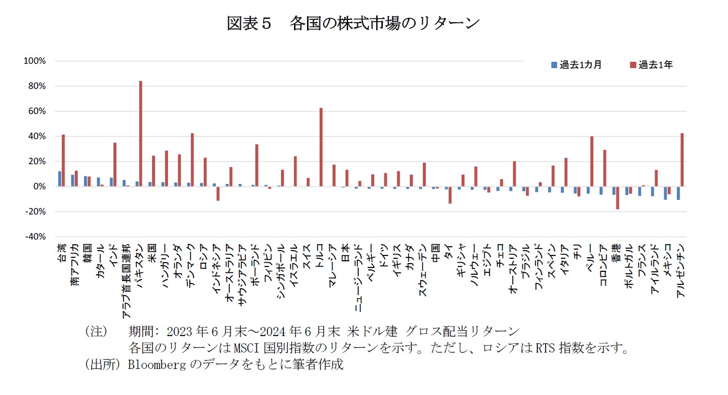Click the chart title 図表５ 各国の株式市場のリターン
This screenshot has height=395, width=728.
(x=353, y=23)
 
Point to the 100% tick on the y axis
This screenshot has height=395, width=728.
(x=35, y=61)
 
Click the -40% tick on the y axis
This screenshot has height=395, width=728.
(x=35, y=237)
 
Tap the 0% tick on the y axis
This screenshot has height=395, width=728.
(x=39, y=186)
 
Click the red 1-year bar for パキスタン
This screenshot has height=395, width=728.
(x=140, y=134)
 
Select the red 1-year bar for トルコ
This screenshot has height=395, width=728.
(x=321, y=147)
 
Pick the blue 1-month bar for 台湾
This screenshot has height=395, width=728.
(x=60, y=179)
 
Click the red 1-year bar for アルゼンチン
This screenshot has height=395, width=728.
(x=682, y=160)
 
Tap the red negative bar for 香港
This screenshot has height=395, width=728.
(x=617, y=197)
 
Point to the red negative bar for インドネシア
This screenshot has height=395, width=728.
(x=218, y=193)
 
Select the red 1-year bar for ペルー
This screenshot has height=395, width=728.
(x=592, y=161)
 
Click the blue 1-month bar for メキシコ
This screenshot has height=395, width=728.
(x=665, y=193)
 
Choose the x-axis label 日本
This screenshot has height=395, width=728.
(x=346, y=253)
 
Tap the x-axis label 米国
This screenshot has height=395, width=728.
(x=152, y=253)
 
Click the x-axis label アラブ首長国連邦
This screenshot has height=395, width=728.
(x=126, y=281)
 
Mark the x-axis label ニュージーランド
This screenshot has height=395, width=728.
(x=359, y=277)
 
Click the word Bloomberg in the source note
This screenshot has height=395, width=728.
(x=156, y=365)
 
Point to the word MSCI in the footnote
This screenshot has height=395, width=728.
(x=248, y=348)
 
